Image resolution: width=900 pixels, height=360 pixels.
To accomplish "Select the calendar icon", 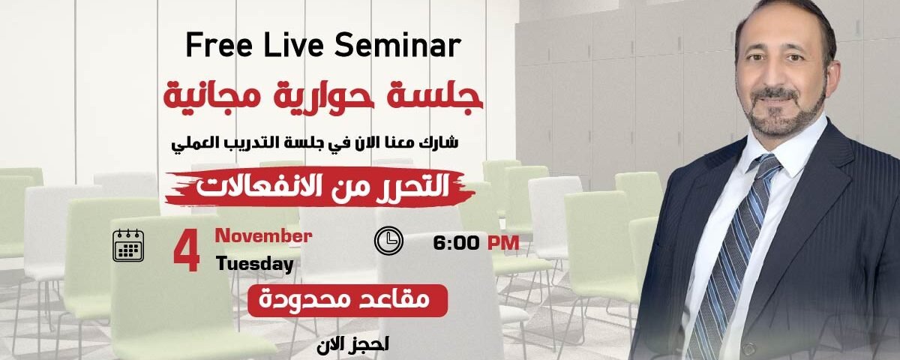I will (128, 245).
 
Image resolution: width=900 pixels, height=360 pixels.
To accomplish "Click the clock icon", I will (388, 240).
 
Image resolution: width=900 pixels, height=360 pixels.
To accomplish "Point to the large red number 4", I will (186, 252).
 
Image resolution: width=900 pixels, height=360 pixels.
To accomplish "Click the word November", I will (263, 236).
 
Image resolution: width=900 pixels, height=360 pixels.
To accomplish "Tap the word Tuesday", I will (254, 264).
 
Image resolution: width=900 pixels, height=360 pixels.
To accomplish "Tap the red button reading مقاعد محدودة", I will (348, 301).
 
